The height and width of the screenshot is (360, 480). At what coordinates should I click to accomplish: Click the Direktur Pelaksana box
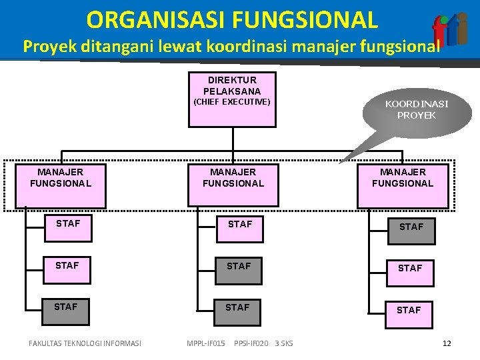(232, 99)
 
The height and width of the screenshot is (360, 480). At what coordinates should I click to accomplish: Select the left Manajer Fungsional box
(61, 178)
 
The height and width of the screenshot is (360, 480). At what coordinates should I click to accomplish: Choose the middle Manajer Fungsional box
(233, 178)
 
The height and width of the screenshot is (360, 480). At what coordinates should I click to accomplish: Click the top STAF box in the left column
(67, 224)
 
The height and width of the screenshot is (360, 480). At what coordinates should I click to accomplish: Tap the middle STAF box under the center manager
(239, 267)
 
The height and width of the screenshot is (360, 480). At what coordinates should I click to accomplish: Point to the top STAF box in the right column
(411, 227)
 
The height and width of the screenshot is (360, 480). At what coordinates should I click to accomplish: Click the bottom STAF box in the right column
(409, 310)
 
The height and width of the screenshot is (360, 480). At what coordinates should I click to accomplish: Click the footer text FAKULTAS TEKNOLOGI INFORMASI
(85, 343)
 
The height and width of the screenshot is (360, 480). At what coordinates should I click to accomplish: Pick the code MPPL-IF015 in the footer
(206, 343)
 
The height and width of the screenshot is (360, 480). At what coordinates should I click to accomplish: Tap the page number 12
(447, 343)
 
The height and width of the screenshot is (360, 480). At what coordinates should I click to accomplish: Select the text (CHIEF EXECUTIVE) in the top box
(231, 102)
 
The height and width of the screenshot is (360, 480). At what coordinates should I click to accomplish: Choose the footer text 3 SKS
(283, 343)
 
